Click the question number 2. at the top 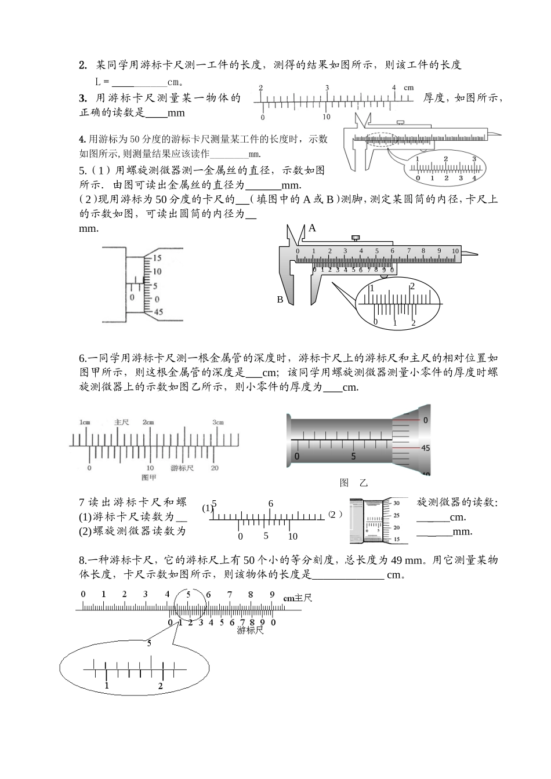83,65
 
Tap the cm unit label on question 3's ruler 409,88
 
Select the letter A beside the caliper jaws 312,228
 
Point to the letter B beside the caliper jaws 280,300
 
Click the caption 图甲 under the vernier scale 149,477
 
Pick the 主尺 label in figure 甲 121,423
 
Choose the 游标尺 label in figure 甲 182,467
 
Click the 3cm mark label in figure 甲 217,423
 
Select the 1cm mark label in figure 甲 85,423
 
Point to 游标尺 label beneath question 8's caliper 250,630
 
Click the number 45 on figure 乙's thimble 425,448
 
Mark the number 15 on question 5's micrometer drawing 157,258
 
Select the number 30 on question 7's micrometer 396,503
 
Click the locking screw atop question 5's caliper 355,237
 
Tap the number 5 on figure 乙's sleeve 353,456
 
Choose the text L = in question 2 102,82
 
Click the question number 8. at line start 83,560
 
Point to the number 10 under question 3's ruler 327,117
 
